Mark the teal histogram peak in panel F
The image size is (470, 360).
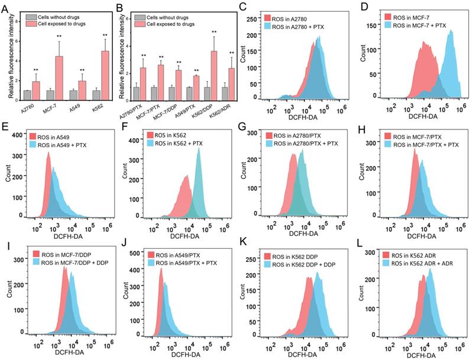coord(198,150)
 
